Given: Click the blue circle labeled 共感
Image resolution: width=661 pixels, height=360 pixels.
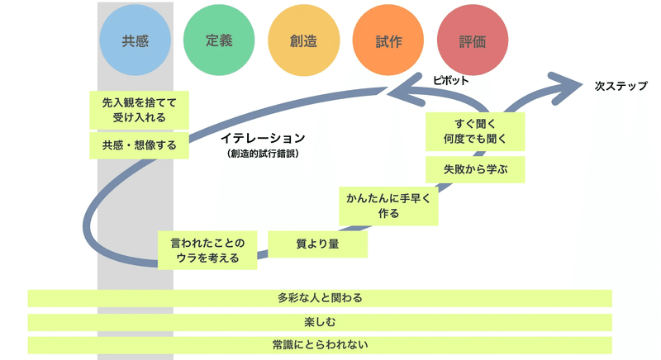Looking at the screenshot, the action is pos(135,40).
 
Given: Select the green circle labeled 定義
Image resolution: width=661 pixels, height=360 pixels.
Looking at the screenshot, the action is pos(219,40).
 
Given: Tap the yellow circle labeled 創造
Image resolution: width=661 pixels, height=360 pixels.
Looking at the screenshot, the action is pos(303,40).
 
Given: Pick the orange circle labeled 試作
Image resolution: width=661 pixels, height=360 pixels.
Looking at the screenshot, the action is pos(388,40).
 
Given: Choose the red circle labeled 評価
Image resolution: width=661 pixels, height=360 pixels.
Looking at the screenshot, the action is pos(473,40).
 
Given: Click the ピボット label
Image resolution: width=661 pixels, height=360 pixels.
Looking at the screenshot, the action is pos(450,80).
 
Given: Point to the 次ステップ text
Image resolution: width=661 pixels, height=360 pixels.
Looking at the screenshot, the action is pos(621,86).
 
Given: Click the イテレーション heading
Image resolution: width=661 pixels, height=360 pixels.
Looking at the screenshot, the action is pos(263,138).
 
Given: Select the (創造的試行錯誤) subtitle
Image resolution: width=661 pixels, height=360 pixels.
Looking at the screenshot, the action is pos(263,154).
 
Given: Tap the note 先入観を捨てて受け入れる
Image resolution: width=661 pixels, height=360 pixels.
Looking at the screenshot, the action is pos(139,110).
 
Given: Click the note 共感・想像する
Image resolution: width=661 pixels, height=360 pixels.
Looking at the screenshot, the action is pos(139,145).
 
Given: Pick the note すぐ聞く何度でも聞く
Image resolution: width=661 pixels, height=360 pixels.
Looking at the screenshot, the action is pos(475,131).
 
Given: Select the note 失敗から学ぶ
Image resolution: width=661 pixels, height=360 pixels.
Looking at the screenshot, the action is pos(475,169).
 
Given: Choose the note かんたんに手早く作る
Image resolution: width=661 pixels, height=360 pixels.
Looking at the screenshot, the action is pos(388,206).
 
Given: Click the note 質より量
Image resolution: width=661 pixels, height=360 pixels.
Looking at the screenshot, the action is pos(318,244).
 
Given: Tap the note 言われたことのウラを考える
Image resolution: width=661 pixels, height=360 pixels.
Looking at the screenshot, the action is pos(207,250).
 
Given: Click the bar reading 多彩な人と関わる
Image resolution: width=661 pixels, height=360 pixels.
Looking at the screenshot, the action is pos(320,298).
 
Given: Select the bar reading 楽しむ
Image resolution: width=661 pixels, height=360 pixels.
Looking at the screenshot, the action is pos(320,322).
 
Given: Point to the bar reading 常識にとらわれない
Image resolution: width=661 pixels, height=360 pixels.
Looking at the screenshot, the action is pos(320,345).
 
